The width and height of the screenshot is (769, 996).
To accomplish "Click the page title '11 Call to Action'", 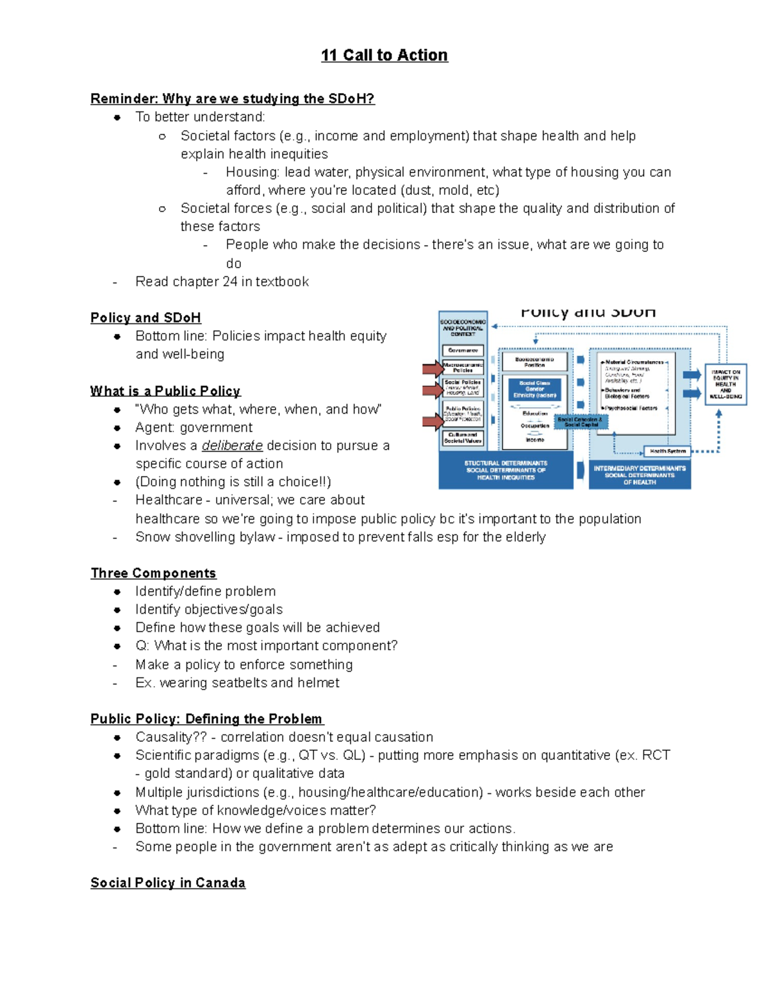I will (x=384, y=55).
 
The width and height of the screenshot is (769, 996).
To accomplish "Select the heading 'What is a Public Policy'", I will (x=165, y=391).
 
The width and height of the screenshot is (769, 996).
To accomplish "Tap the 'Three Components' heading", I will (x=153, y=573).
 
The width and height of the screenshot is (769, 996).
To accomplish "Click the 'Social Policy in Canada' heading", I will (x=168, y=882).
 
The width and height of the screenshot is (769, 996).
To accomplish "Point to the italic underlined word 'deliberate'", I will (x=232, y=446).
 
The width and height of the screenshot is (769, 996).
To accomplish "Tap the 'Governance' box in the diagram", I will (x=463, y=351).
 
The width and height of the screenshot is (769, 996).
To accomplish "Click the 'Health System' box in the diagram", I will (x=667, y=451).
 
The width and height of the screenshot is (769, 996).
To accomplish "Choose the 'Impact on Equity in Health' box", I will (x=725, y=384).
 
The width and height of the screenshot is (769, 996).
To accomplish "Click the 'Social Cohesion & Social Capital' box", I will (x=580, y=422).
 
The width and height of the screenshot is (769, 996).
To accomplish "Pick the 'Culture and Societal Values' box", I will (x=463, y=437).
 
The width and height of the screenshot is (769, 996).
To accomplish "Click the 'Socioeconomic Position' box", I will (x=534, y=362).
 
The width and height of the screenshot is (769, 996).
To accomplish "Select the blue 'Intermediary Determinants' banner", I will (x=639, y=475).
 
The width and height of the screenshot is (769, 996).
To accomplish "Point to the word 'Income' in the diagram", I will (x=534, y=440).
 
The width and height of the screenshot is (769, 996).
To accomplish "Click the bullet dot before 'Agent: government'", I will (x=117, y=428).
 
